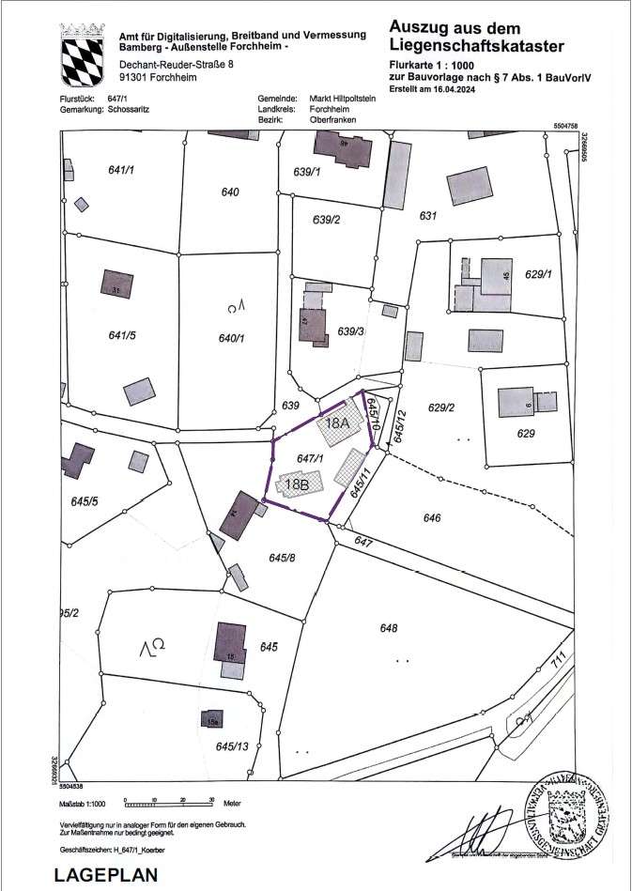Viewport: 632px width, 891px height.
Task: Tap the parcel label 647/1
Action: tap(310, 458)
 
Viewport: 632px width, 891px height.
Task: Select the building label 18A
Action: tap(337, 423)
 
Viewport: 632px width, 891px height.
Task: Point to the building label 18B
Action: tap(297, 485)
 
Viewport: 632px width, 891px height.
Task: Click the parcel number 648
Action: tap(389, 628)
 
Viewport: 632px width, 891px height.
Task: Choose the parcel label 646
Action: tap(432, 517)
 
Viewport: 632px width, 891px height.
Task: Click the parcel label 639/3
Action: tap(350, 330)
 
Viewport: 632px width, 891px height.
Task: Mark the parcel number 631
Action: tap(428, 217)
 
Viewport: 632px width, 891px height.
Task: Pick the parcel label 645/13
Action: tap(231, 746)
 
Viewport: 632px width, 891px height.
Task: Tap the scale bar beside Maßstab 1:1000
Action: tap(170, 804)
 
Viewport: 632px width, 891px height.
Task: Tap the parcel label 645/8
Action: tap(282, 559)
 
